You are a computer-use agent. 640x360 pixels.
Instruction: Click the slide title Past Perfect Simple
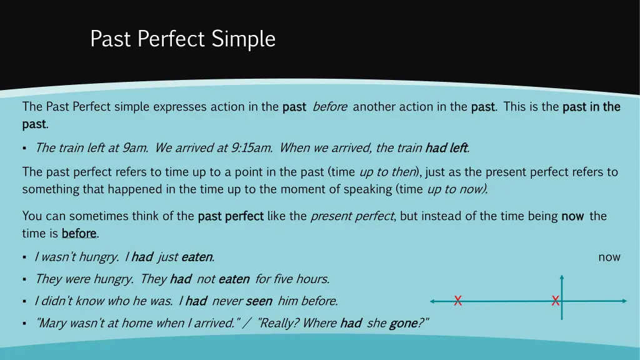point(182,39)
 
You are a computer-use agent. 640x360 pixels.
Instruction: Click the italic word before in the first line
point(329,107)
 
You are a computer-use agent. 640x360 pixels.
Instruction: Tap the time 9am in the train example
point(135,148)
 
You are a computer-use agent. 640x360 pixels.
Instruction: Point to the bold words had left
point(446,148)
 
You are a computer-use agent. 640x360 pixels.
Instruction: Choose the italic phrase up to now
point(456,189)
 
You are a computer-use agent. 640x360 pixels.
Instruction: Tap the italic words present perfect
point(352,216)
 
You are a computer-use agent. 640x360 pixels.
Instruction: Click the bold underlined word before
point(79,234)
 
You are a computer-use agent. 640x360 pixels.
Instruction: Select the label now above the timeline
point(609,257)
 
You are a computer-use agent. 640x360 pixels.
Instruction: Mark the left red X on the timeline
point(457,301)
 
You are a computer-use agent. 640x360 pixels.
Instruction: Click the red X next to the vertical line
point(555,301)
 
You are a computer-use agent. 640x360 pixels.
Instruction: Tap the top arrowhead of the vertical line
point(562,277)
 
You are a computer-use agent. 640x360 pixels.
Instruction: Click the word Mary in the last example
point(53,323)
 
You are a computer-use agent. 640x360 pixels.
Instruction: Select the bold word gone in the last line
point(403,323)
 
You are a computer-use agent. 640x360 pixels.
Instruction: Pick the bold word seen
point(259,301)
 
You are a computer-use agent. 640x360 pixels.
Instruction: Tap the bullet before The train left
point(24,149)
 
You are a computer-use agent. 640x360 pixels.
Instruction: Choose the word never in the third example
point(226,301)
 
